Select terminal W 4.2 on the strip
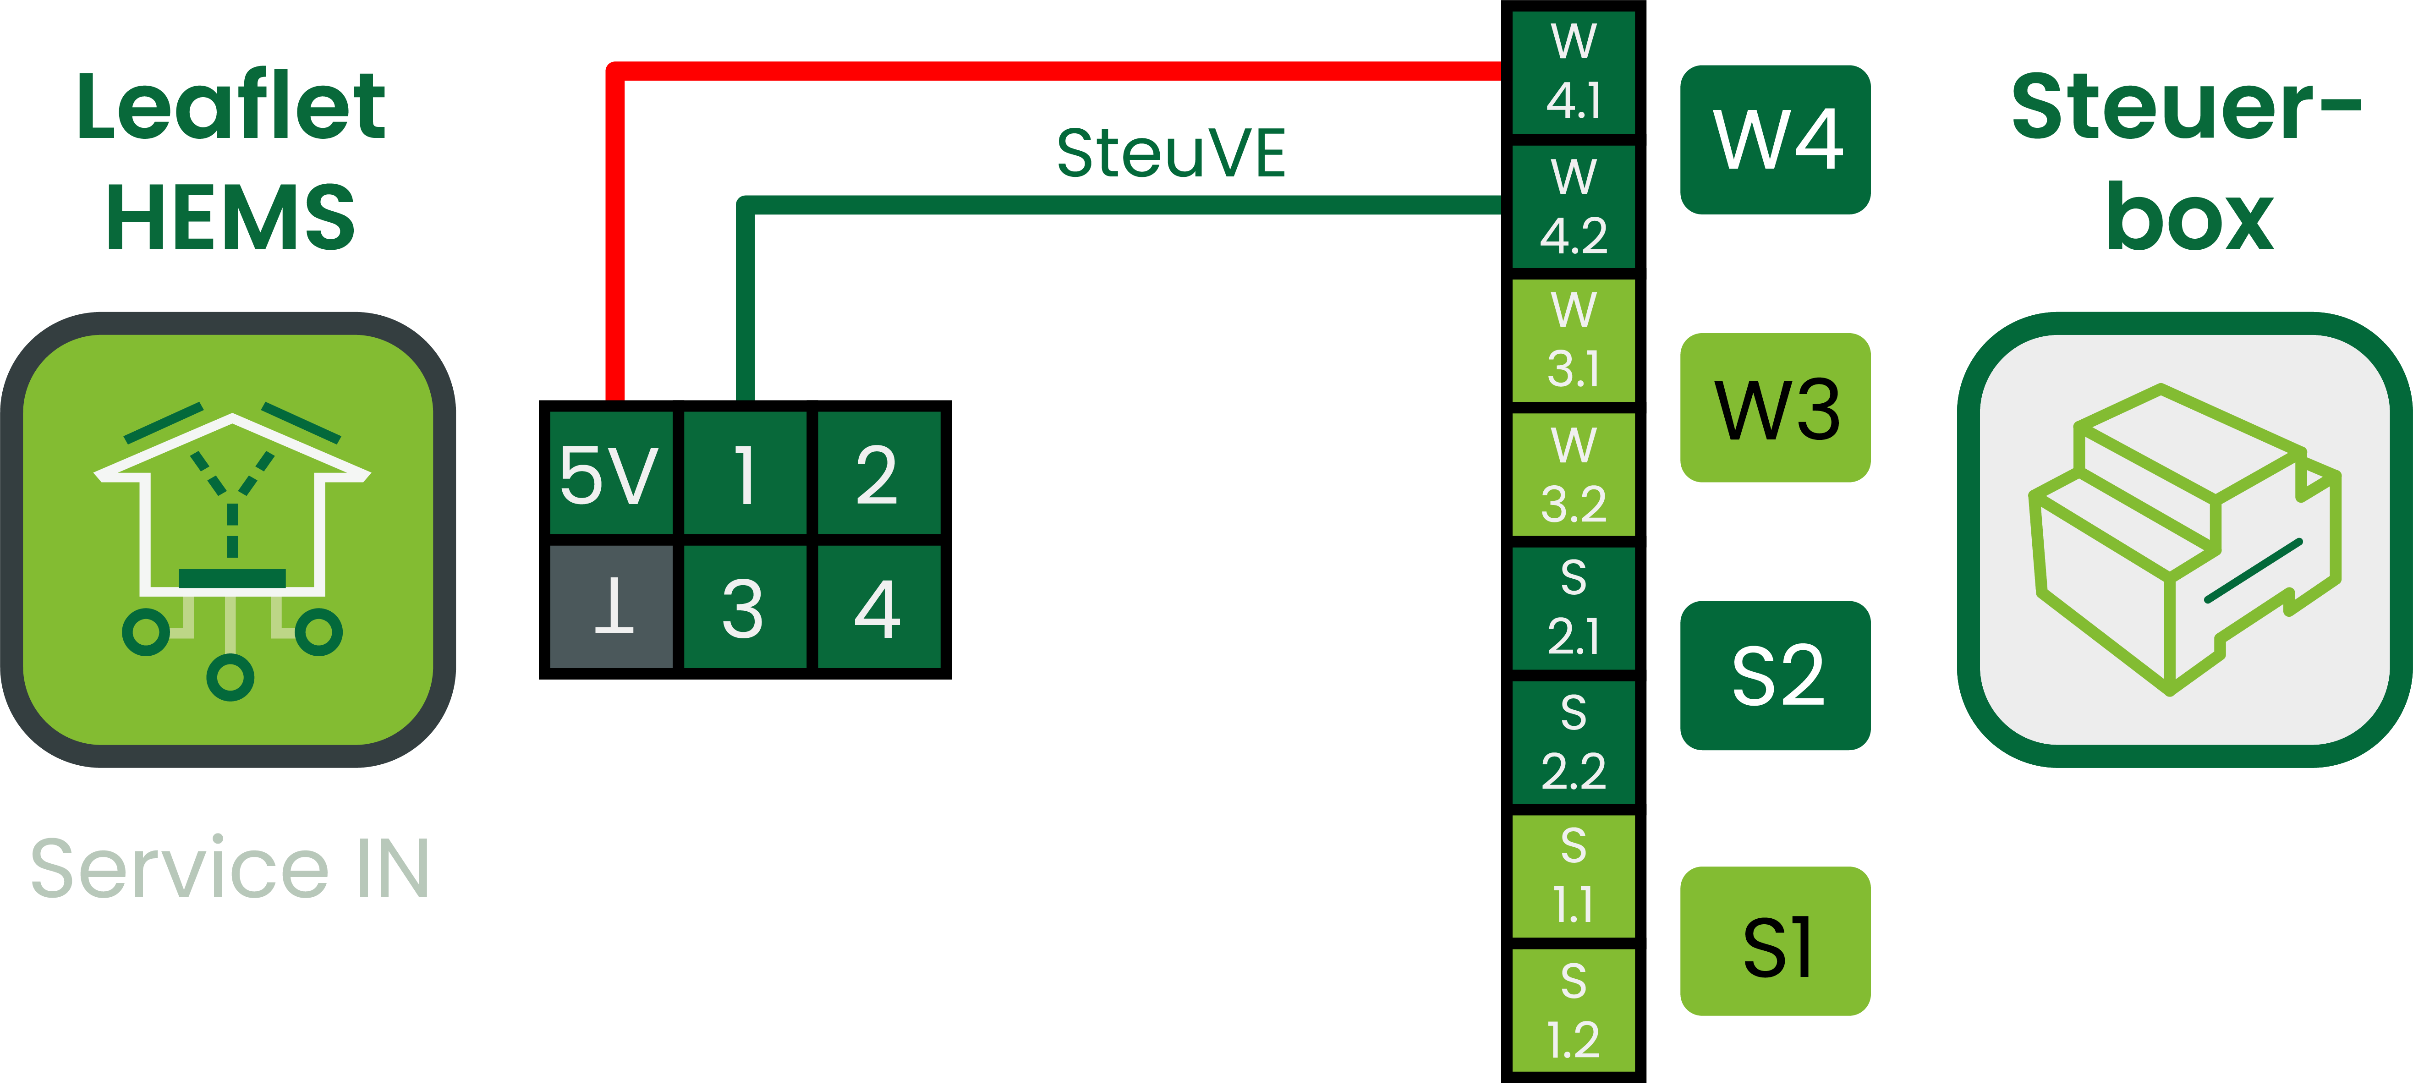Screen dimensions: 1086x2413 tap(1574, 206)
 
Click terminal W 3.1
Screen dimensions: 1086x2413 tap(1574, 340)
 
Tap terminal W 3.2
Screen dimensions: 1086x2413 tap(1574, 474)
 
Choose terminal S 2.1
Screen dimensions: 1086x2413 tap(1574, 608)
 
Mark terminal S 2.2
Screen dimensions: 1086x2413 tap(1574, 742)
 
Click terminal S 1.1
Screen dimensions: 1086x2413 tap(1574, 876)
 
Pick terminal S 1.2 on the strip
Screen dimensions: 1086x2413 tap(1574, 1010)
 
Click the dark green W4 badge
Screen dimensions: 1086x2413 tap(1775, 140)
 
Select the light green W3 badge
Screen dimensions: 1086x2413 tap(1775, 408)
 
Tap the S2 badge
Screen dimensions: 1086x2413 tap(1775, 675)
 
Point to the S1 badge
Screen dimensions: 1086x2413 tap(1775, 942)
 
